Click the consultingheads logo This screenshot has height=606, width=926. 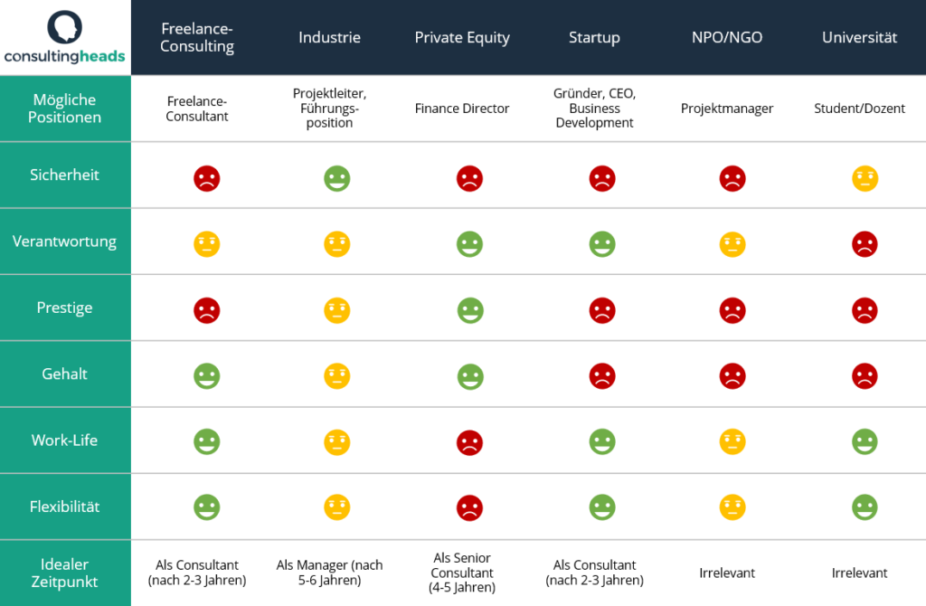64,38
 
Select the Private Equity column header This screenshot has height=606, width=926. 462,38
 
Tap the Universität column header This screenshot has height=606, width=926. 859,38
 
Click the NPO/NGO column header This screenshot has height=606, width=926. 727,38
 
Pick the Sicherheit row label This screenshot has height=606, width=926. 65,175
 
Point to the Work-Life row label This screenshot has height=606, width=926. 65,440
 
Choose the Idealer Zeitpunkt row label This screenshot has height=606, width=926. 65,573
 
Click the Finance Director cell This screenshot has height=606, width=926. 462,109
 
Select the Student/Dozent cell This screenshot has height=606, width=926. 859,109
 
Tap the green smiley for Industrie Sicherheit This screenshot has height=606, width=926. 336,177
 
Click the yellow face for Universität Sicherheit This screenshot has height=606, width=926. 865,177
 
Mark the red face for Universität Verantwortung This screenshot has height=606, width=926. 865,244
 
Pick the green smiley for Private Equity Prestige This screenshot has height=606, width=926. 469,310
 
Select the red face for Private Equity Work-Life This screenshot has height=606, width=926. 469,443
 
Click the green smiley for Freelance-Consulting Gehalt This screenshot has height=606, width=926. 207,376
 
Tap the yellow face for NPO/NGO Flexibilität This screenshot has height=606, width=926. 733,507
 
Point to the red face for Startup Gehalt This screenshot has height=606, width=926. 601,376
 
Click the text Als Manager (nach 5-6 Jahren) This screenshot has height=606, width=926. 329,573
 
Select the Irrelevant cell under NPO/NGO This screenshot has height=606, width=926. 727,573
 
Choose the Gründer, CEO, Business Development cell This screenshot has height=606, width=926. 595,109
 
